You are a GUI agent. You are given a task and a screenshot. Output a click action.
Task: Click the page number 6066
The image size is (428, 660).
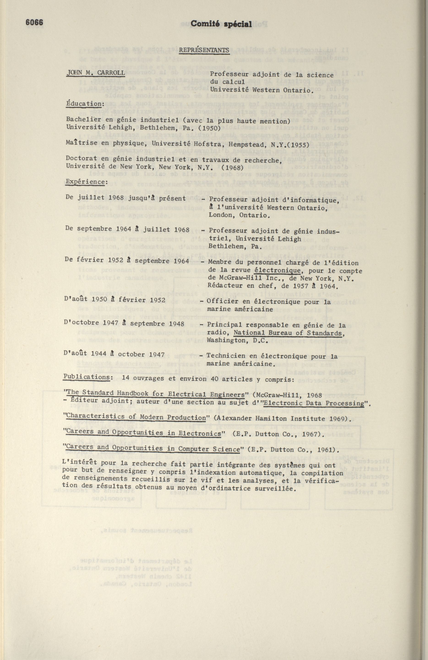click(x=35, y=22)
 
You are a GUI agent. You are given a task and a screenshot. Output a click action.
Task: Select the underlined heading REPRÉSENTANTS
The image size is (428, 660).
click(x=204, y=50)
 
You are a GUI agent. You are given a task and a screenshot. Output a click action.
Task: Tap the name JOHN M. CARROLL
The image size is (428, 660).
click(x=95, y=73)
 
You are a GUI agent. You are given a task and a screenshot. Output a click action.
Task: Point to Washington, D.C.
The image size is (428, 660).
click(x=238, y=341)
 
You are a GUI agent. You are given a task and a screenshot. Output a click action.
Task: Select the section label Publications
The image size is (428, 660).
click(x=87, y=377)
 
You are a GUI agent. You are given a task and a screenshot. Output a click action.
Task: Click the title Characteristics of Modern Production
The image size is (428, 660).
click(x=135, y=417)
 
